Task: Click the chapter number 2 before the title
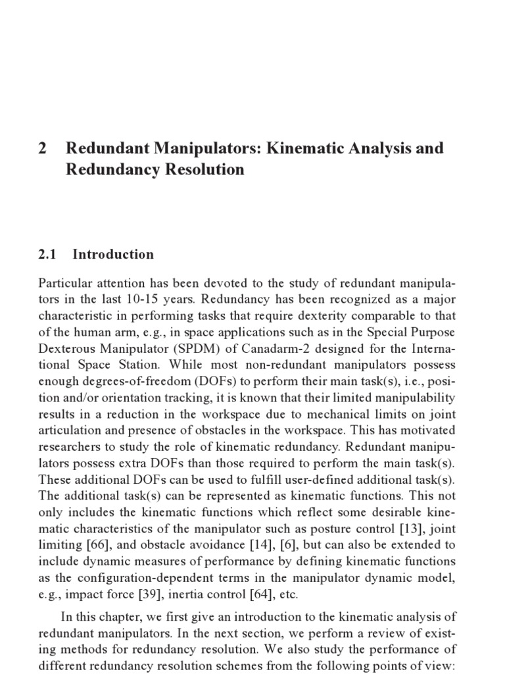pos(43,148)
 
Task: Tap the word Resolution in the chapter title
pos(204,169)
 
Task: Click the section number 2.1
pos(49,254)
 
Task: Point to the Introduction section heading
pos(113,254)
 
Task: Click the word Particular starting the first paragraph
pos(66,283)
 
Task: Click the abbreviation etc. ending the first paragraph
pos(287,595)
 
